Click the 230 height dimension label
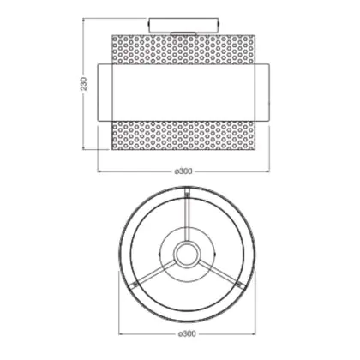84,84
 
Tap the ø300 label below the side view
183,171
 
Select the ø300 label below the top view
187,333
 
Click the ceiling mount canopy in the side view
184,25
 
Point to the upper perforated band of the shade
183,49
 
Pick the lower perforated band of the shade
183,135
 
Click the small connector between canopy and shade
183,33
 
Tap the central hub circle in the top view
187,255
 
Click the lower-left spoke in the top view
154,273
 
